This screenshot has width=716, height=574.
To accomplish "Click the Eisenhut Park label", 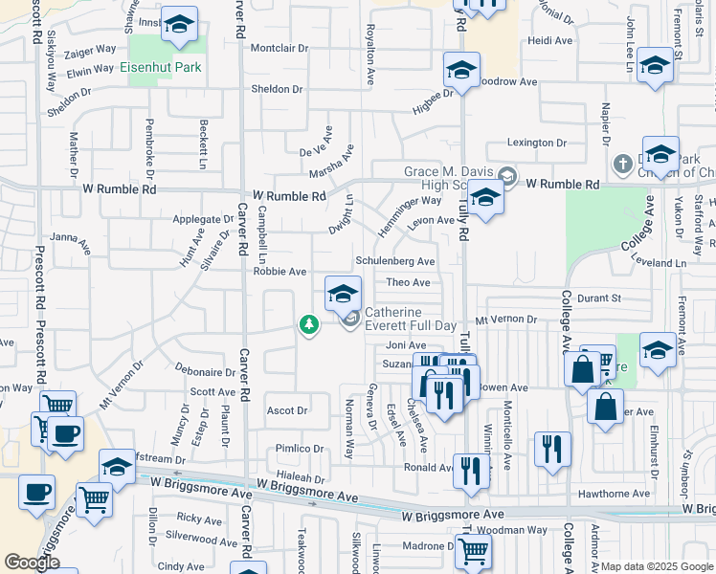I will click(159, 68).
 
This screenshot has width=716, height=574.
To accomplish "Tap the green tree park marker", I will click(308, 326).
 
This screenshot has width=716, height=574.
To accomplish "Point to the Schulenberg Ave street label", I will click(395, 261).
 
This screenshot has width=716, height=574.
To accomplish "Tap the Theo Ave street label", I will click(408, 282).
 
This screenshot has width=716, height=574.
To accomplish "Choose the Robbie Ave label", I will click(280, 272).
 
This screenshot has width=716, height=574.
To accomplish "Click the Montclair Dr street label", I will click(280, 48).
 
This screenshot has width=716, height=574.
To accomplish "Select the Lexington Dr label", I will click(537, 143).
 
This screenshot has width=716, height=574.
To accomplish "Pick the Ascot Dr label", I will click(286, 410).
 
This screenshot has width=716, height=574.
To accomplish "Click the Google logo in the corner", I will click(32, 563).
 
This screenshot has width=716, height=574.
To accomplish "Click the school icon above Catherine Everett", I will click(343, 294).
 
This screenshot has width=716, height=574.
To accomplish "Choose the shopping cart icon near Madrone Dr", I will click(473, 551).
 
